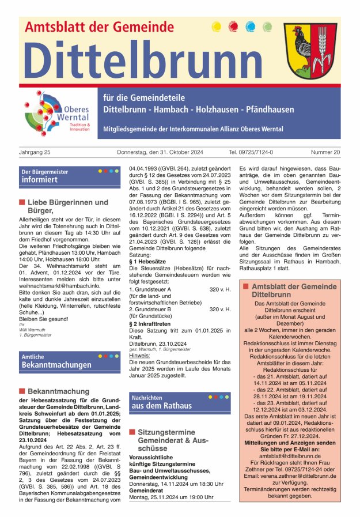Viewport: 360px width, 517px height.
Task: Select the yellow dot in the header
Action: click(x=217, y=27)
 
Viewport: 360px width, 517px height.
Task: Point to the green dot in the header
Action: click(x=267, y=27)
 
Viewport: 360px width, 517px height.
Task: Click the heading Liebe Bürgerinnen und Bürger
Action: click(x=63, y=206)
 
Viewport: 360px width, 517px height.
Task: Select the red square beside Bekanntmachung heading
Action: click(x=22, y=391)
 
